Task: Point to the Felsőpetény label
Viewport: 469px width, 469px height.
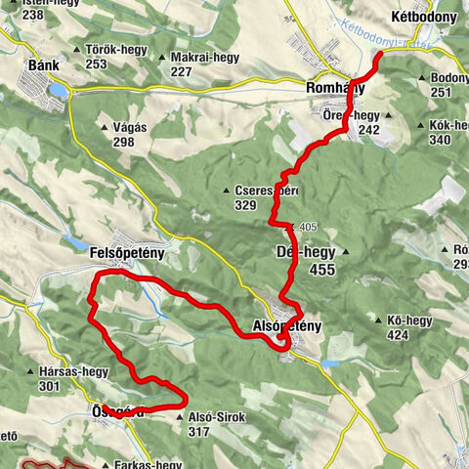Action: click(124, 253)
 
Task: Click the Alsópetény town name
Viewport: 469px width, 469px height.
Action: click(287, 324)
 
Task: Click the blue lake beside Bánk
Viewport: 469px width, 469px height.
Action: click(59, 91)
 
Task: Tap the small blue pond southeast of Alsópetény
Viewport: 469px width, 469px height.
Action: click(329, 363)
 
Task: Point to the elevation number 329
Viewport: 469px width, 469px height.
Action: click(245, 205)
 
